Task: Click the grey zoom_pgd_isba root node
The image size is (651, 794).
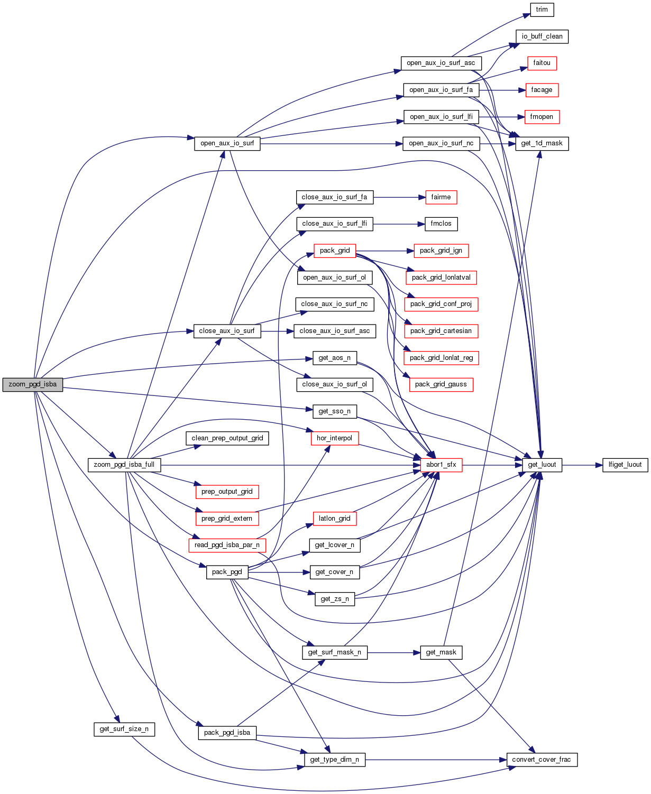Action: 32,384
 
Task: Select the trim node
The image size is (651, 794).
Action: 542,10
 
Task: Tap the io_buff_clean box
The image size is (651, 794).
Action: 542,36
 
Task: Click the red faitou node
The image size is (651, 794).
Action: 542,63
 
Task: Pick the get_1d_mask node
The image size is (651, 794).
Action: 542,143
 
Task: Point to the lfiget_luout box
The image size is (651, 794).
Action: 625,465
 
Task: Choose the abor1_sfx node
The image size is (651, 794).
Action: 441,465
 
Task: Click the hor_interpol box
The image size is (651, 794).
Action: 334,438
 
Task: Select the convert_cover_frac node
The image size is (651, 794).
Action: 541,760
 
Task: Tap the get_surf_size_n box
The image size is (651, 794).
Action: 124,729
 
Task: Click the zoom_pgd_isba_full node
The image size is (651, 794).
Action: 124,465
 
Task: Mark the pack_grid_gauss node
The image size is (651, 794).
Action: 441,384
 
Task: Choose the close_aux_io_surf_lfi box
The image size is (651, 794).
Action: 334,224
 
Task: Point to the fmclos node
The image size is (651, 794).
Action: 441,224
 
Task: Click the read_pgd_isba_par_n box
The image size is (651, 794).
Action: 227,545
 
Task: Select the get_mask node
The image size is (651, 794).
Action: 441,652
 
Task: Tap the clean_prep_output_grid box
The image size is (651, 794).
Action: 227,438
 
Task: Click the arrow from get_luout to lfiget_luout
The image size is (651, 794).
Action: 582,465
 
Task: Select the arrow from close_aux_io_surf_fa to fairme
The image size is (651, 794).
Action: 399,197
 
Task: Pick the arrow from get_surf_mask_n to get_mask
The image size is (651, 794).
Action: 393,652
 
